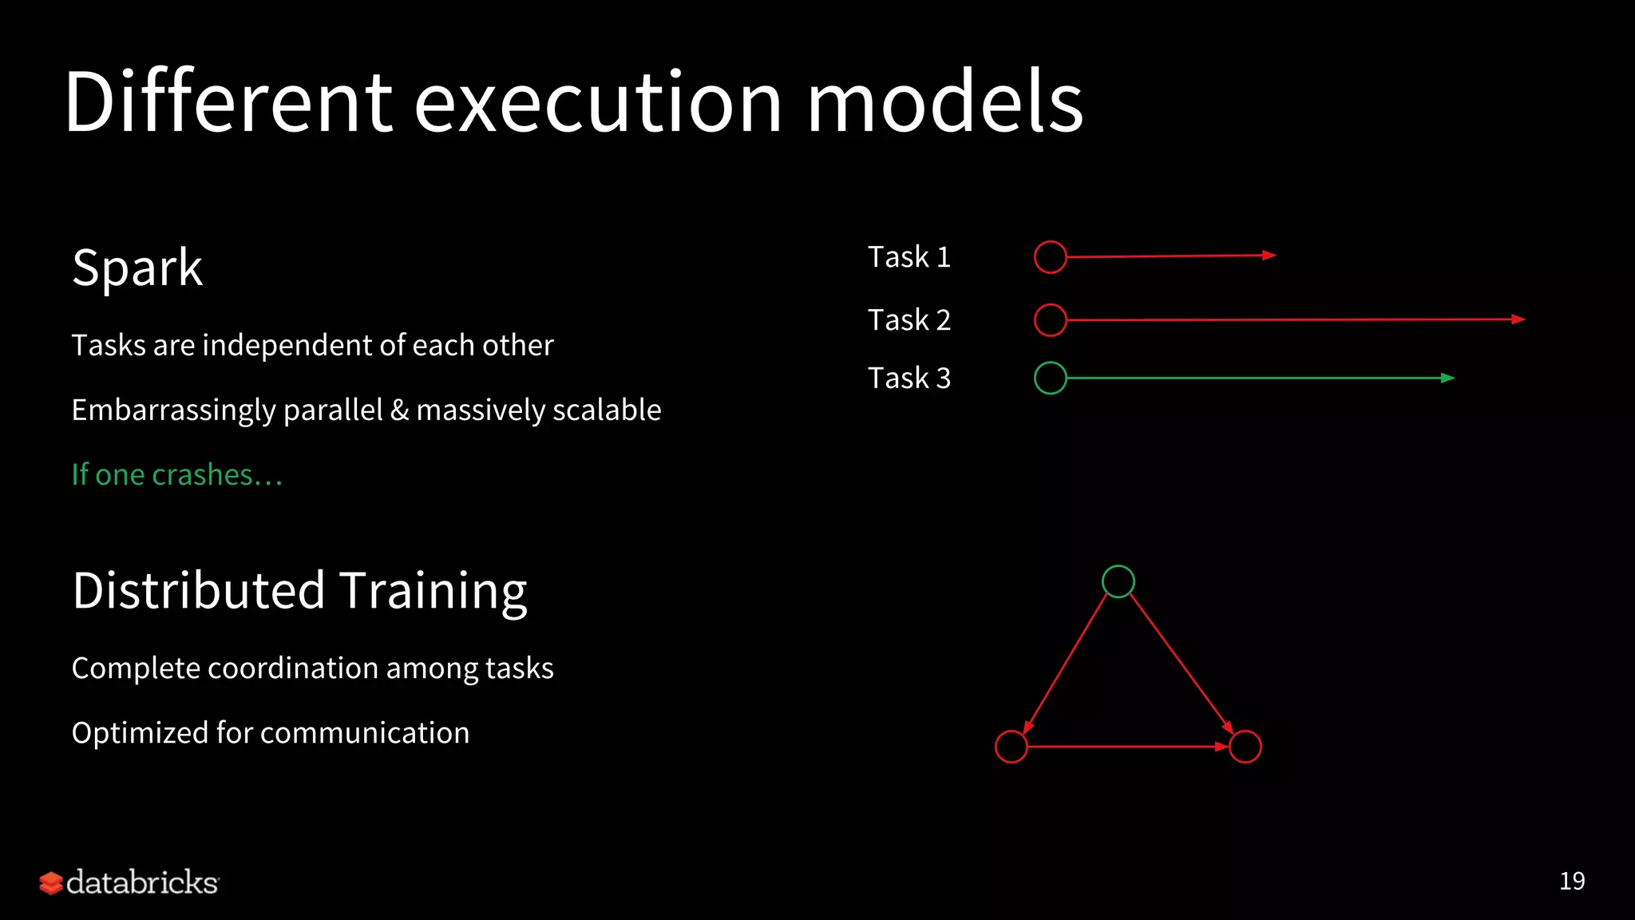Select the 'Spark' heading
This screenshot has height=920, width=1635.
(137, 268)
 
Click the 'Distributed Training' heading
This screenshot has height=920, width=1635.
(299, 591)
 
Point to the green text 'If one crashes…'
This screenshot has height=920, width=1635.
(176, 475)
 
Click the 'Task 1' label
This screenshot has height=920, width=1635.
(909, 257)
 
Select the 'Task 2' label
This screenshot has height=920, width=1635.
(909, 320)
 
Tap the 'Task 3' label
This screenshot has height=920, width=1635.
(909, 379)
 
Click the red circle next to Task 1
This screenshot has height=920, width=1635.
(1050, 257)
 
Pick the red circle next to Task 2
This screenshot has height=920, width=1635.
(1050, 320)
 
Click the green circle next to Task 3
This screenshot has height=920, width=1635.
(1050, 379)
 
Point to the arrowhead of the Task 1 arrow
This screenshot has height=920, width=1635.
(1269, 256)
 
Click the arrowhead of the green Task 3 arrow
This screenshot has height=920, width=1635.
(1447, 379)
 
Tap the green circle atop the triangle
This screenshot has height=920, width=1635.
(1118, 581)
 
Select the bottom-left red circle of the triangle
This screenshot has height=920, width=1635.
(1011, 747)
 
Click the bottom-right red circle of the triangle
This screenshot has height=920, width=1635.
(1245, 747)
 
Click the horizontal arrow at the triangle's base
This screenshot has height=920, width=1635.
(1126, 747)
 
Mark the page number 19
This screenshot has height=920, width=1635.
(1572, 881)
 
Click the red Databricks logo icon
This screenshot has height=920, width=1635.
(51, 883)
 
